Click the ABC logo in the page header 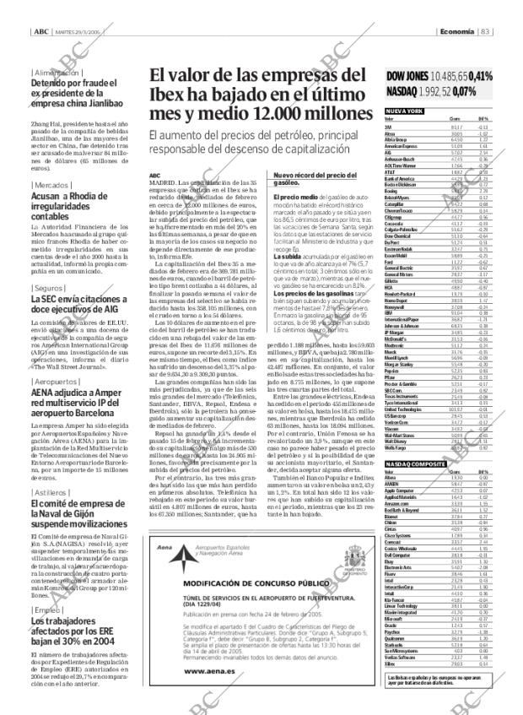[40, 9]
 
